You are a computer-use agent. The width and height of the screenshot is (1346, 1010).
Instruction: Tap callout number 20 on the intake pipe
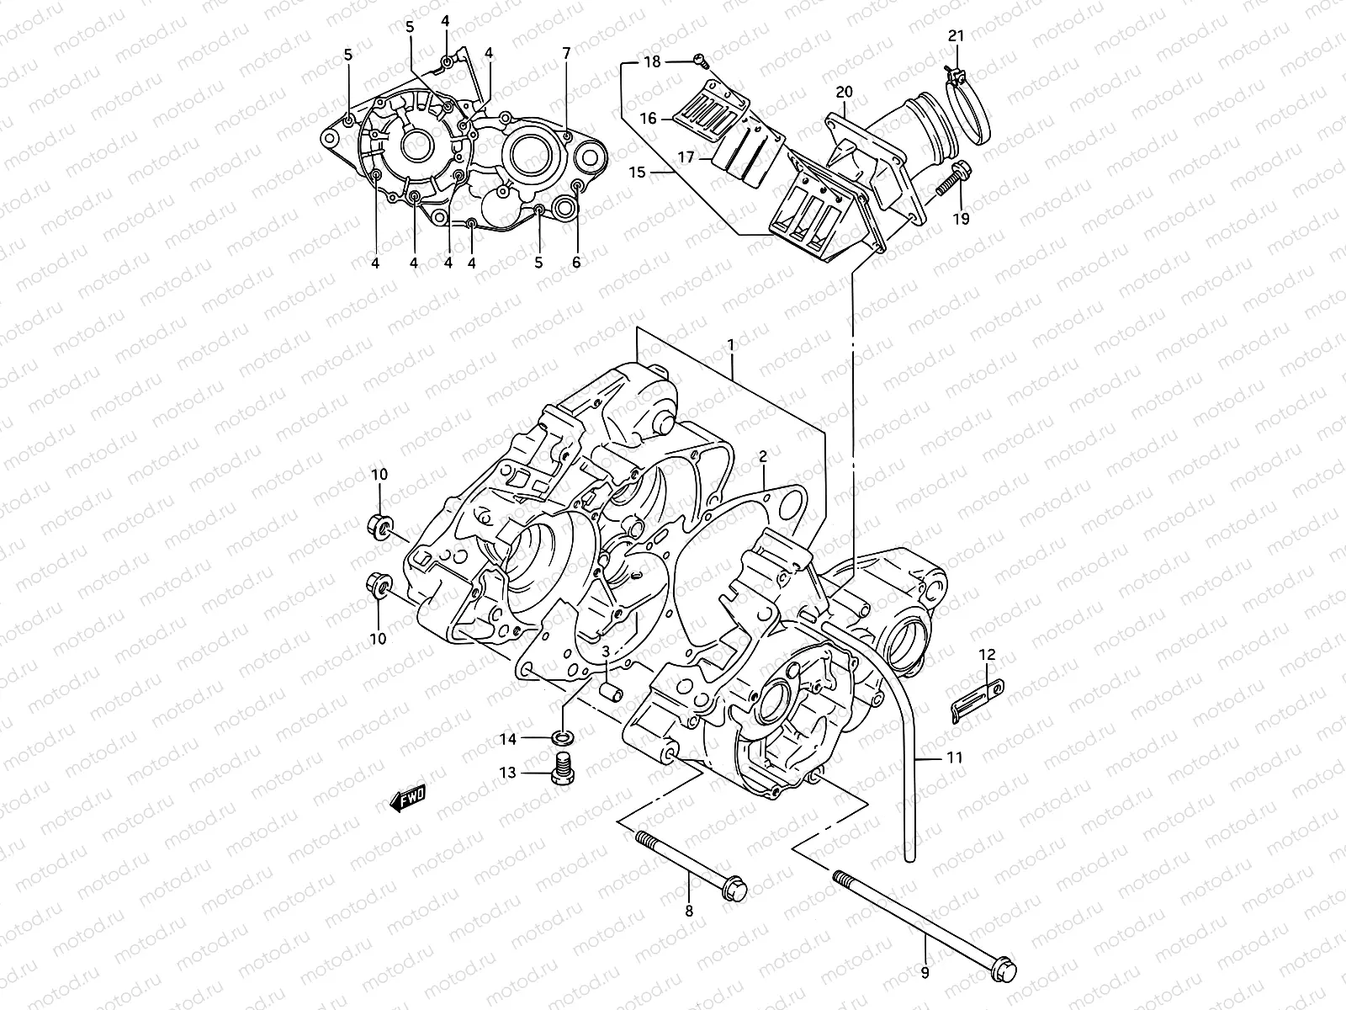click(x=845, y=92)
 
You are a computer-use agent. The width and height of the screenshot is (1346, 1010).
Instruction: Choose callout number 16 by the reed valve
click(x=648, y=120)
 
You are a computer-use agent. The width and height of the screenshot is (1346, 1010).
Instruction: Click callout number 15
click(x=637, y=173)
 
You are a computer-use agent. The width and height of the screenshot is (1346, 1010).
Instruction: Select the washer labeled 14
click(x=562, y=739)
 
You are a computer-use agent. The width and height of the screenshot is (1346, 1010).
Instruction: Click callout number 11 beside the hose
click(x=954, y=757)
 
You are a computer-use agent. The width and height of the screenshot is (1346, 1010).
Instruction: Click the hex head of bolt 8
click(x=734, y=887)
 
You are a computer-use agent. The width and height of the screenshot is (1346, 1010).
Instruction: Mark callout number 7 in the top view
click(x=566, y=53)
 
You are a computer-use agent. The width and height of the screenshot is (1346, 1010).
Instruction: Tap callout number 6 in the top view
click(x=576, y=263)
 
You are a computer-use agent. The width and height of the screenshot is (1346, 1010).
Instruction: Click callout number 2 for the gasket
click(x=763, y=457)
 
